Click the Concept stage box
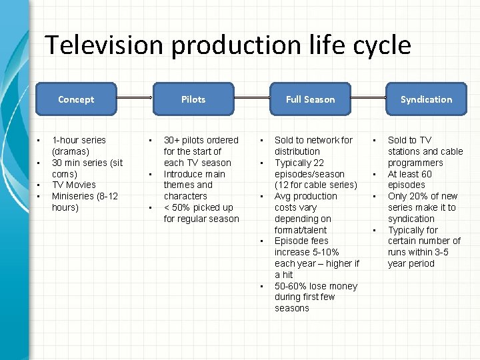pos(76,99)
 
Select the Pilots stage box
pos(193,99)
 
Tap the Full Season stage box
pos(310,99)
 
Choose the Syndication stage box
pos(426,99)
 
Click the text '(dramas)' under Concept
pos(71,151)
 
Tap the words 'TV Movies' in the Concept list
pos(73,185)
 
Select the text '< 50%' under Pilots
pos(177,207)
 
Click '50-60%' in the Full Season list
pos(291,286)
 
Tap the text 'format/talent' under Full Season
pos(301,229)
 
